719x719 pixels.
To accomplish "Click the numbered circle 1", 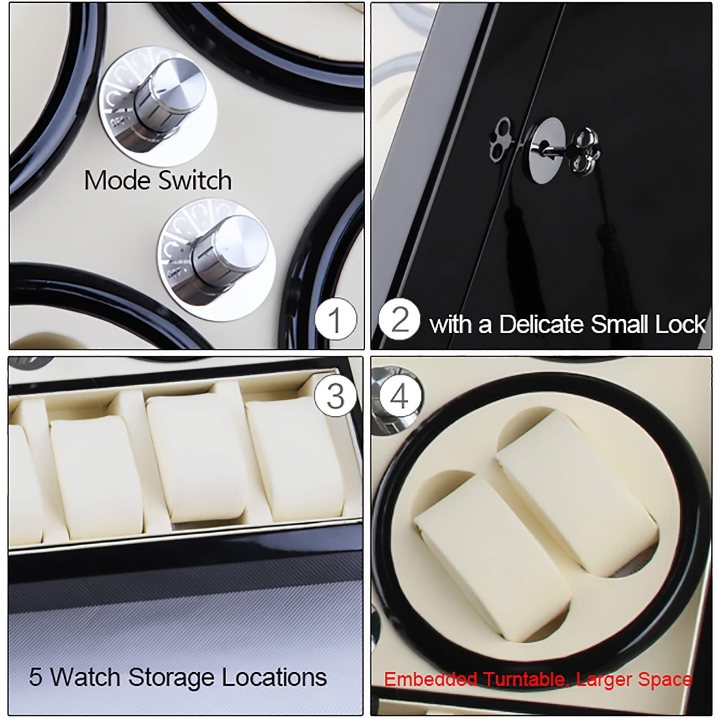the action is coord(335,320).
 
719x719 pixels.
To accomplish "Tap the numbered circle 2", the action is coord(399,319).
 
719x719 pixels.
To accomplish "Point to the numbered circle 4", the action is coord(400,397).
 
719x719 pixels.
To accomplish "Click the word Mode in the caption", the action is coord(118,181).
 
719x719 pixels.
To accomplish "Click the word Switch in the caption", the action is coord(195,181).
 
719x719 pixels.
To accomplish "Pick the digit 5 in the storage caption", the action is coord(35,677).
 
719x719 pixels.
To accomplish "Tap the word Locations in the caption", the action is coord(274,677).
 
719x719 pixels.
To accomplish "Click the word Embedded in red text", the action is coord(430,679).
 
